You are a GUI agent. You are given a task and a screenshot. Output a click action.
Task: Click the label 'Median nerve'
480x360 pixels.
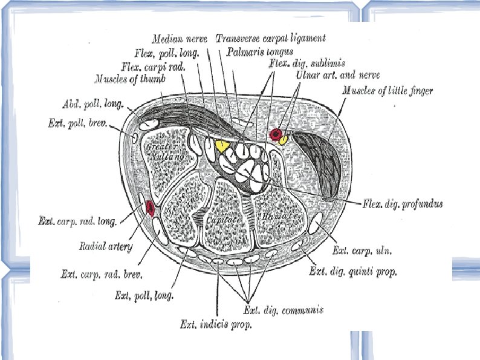click(x=180, y=39)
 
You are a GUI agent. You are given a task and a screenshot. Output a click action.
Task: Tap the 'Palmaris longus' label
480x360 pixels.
click(x=260, y=52)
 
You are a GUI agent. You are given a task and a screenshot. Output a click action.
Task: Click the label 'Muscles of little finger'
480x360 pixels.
click(x=388, y=91)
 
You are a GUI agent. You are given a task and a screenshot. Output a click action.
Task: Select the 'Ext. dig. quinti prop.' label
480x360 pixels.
click(x=353, y=272)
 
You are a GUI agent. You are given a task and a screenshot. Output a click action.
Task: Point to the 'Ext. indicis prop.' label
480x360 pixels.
click(x=216, y=324)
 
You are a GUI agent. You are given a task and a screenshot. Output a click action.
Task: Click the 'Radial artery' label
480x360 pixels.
click(x=106, y=246)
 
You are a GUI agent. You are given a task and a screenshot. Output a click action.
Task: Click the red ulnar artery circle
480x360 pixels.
click(x=275, y=134)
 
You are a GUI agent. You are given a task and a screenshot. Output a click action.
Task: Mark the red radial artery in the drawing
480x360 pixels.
click(x=149, y=208)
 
